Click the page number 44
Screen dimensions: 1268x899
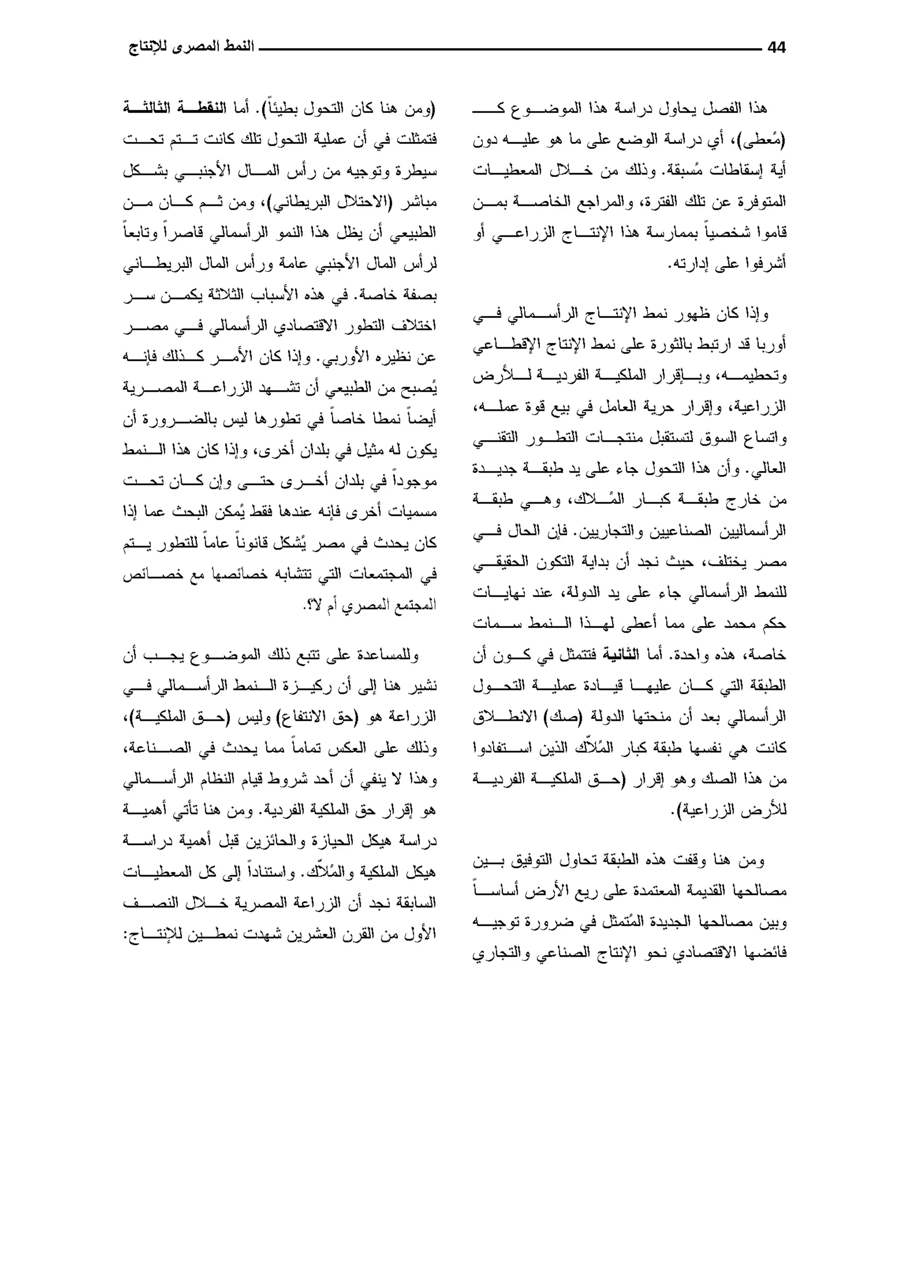click(777, 48)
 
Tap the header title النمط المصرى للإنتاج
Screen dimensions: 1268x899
click(191, 47)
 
